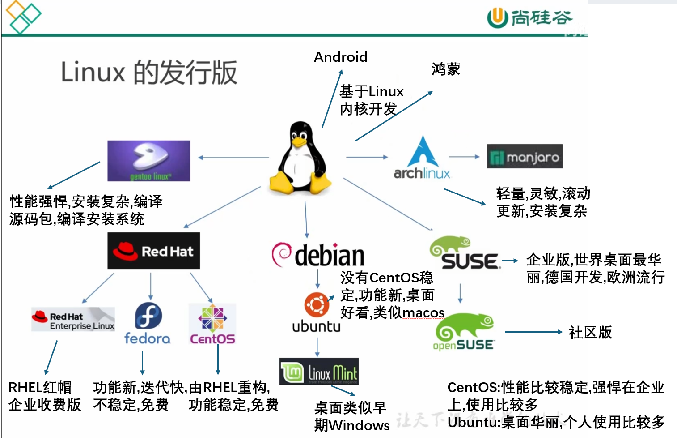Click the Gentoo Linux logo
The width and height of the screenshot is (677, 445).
[148, 161]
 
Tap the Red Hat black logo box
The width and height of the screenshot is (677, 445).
[153, 251]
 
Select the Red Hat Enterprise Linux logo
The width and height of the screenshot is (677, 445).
[73, 319]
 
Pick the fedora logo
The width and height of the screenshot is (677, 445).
[148, 323]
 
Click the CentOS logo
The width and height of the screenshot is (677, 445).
[212, 324]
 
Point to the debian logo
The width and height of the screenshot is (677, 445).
[318, 255]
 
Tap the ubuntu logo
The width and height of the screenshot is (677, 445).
[317, 312]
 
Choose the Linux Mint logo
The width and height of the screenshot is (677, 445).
[319, 372]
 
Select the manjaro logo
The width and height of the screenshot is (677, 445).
[525, 156]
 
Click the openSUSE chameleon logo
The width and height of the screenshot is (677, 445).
[464, 331]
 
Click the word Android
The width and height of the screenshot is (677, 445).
[341, 57]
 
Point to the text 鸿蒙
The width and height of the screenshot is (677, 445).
[445, 69]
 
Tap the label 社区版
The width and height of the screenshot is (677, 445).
[590, 332]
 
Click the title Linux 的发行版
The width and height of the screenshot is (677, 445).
[149, 72]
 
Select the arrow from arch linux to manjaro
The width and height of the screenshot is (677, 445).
[464, 157]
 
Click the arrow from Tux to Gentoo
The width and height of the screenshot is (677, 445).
[233, 158]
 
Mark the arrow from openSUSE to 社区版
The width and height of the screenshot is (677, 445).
[533, 332]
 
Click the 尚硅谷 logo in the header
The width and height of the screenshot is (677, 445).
[529, 18]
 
